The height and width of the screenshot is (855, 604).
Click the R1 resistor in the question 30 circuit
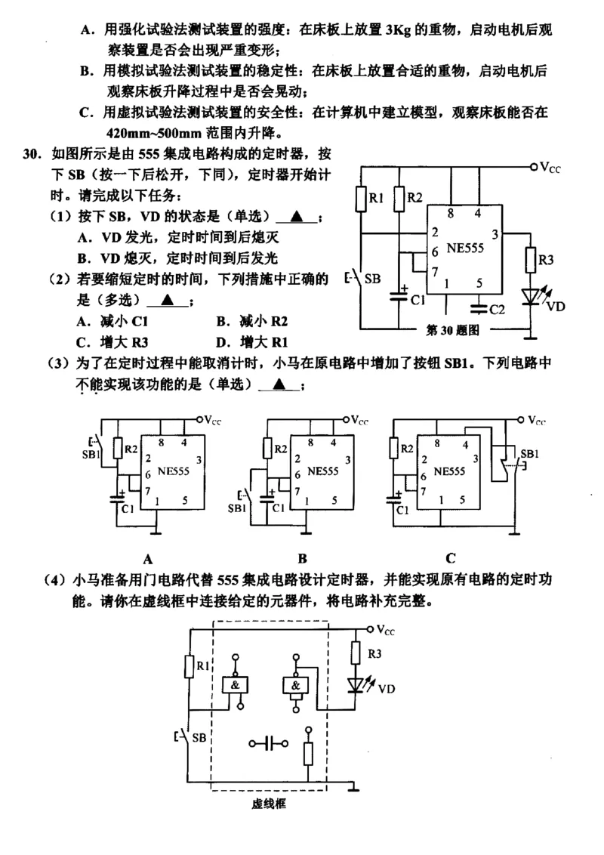click(x=361, y=199)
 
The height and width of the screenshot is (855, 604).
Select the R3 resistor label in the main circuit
click(x=546, y=261)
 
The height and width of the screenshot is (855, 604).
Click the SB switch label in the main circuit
click(x=373, y=278)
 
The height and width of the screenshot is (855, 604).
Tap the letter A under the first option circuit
click(x=148, y=559)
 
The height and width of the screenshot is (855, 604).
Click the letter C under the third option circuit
click(x=450, y=559)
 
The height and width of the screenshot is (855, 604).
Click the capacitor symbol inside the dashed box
click(x=268, y=744)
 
